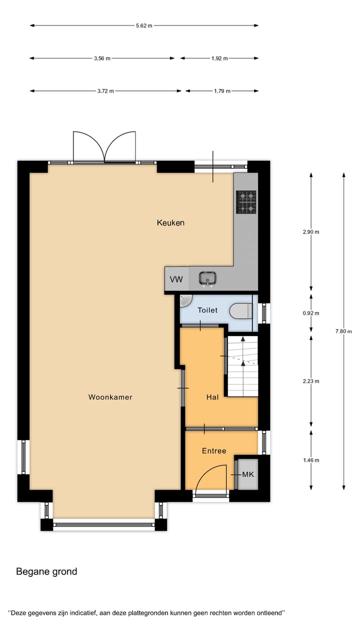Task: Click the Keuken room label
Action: tap(170, 222)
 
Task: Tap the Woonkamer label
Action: tap(110, 397)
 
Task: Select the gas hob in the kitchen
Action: tap(246, 202)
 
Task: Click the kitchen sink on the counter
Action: tap(207, 278)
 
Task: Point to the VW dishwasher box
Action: tap(176, 279)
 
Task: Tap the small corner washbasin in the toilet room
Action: tap(185, 300)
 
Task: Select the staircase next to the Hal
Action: tap(242, 366)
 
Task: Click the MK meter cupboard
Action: tap(248, 473)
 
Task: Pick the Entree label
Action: tap(214, 450)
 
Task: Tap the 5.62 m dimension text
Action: tap(144, 25)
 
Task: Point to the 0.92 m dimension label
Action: tap(311, 313)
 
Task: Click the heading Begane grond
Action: tap(46, 571)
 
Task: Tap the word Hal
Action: tap(212, 397)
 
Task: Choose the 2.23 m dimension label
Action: tap(311, 381)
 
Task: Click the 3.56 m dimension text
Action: tap(102, 58)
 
